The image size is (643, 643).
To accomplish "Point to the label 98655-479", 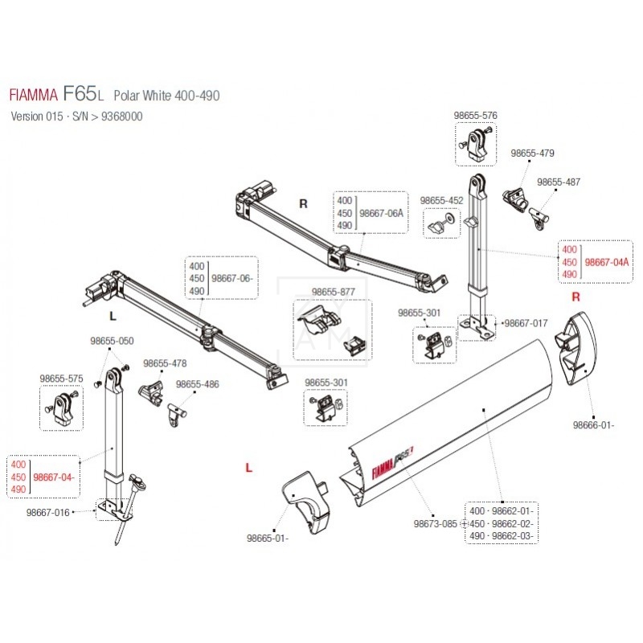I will coord(534,153).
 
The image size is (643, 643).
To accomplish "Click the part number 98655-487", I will coord(559,182).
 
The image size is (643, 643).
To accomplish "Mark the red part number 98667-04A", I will coord(606,262).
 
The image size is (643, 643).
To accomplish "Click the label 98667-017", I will coord(525,323).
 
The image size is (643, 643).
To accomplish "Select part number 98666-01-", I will coord(594,425).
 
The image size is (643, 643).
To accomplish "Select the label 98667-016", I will coord(48,511).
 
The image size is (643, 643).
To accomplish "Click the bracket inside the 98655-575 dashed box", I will coord(60,405).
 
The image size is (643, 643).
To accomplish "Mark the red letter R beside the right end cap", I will coord(575,297).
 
